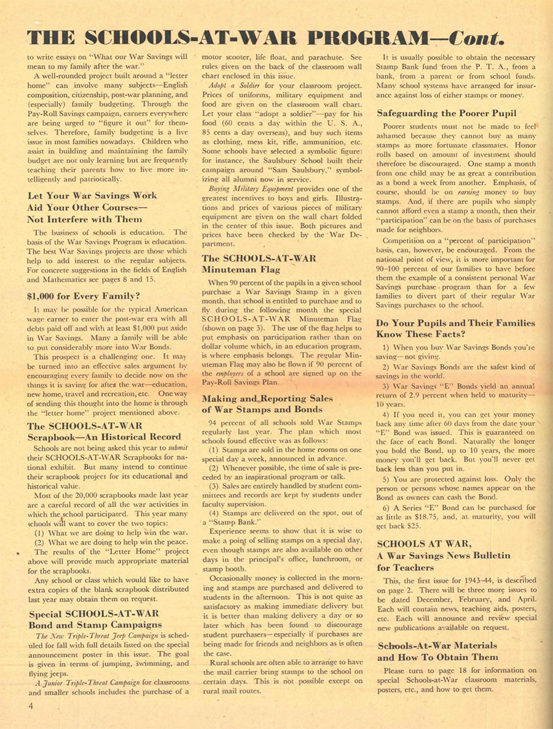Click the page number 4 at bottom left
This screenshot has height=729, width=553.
pos(29,706)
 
